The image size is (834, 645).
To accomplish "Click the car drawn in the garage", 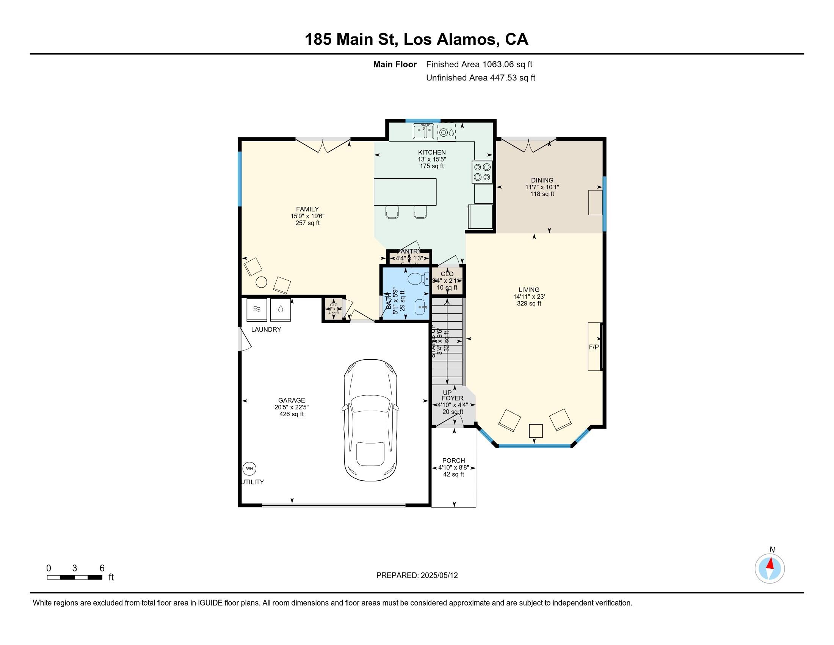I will [x=370, y=420].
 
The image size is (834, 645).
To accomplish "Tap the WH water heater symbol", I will [x=249, y=469].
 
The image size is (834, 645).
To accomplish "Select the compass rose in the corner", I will [x=770, y=569].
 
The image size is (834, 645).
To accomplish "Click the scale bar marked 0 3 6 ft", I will [x=74, y=577].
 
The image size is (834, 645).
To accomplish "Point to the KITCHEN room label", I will [x=431, y=153].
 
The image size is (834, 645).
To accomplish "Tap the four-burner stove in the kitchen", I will [x=482, y=172].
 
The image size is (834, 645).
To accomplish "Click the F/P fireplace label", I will [x=593, y=347].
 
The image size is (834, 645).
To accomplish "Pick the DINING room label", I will [x=542, y=180].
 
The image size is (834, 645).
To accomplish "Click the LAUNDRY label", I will [x=266, y=329].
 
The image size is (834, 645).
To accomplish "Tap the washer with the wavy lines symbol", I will [x=257, y=310].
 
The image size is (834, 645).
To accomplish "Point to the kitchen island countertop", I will [x=405, y=192].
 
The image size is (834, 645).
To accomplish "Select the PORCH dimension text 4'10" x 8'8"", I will [x=453, y=468].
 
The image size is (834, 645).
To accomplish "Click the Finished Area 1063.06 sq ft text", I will [x=479, y=64].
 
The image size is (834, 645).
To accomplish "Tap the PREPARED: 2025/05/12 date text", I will [x=417, y=576].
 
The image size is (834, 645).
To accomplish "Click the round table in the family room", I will [x=261, y=282].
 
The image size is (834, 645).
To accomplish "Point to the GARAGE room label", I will [x=292, y=400].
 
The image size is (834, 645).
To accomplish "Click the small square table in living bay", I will [x=535, y=431].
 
